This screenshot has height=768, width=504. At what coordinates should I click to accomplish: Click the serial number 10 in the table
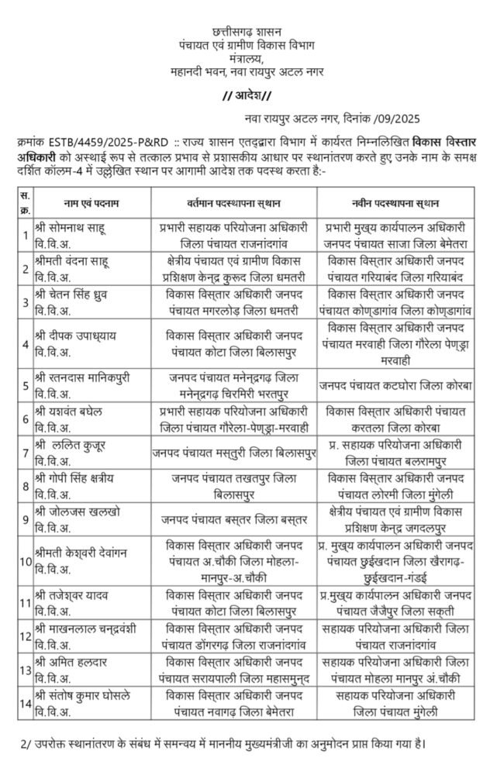pos(24,561)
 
